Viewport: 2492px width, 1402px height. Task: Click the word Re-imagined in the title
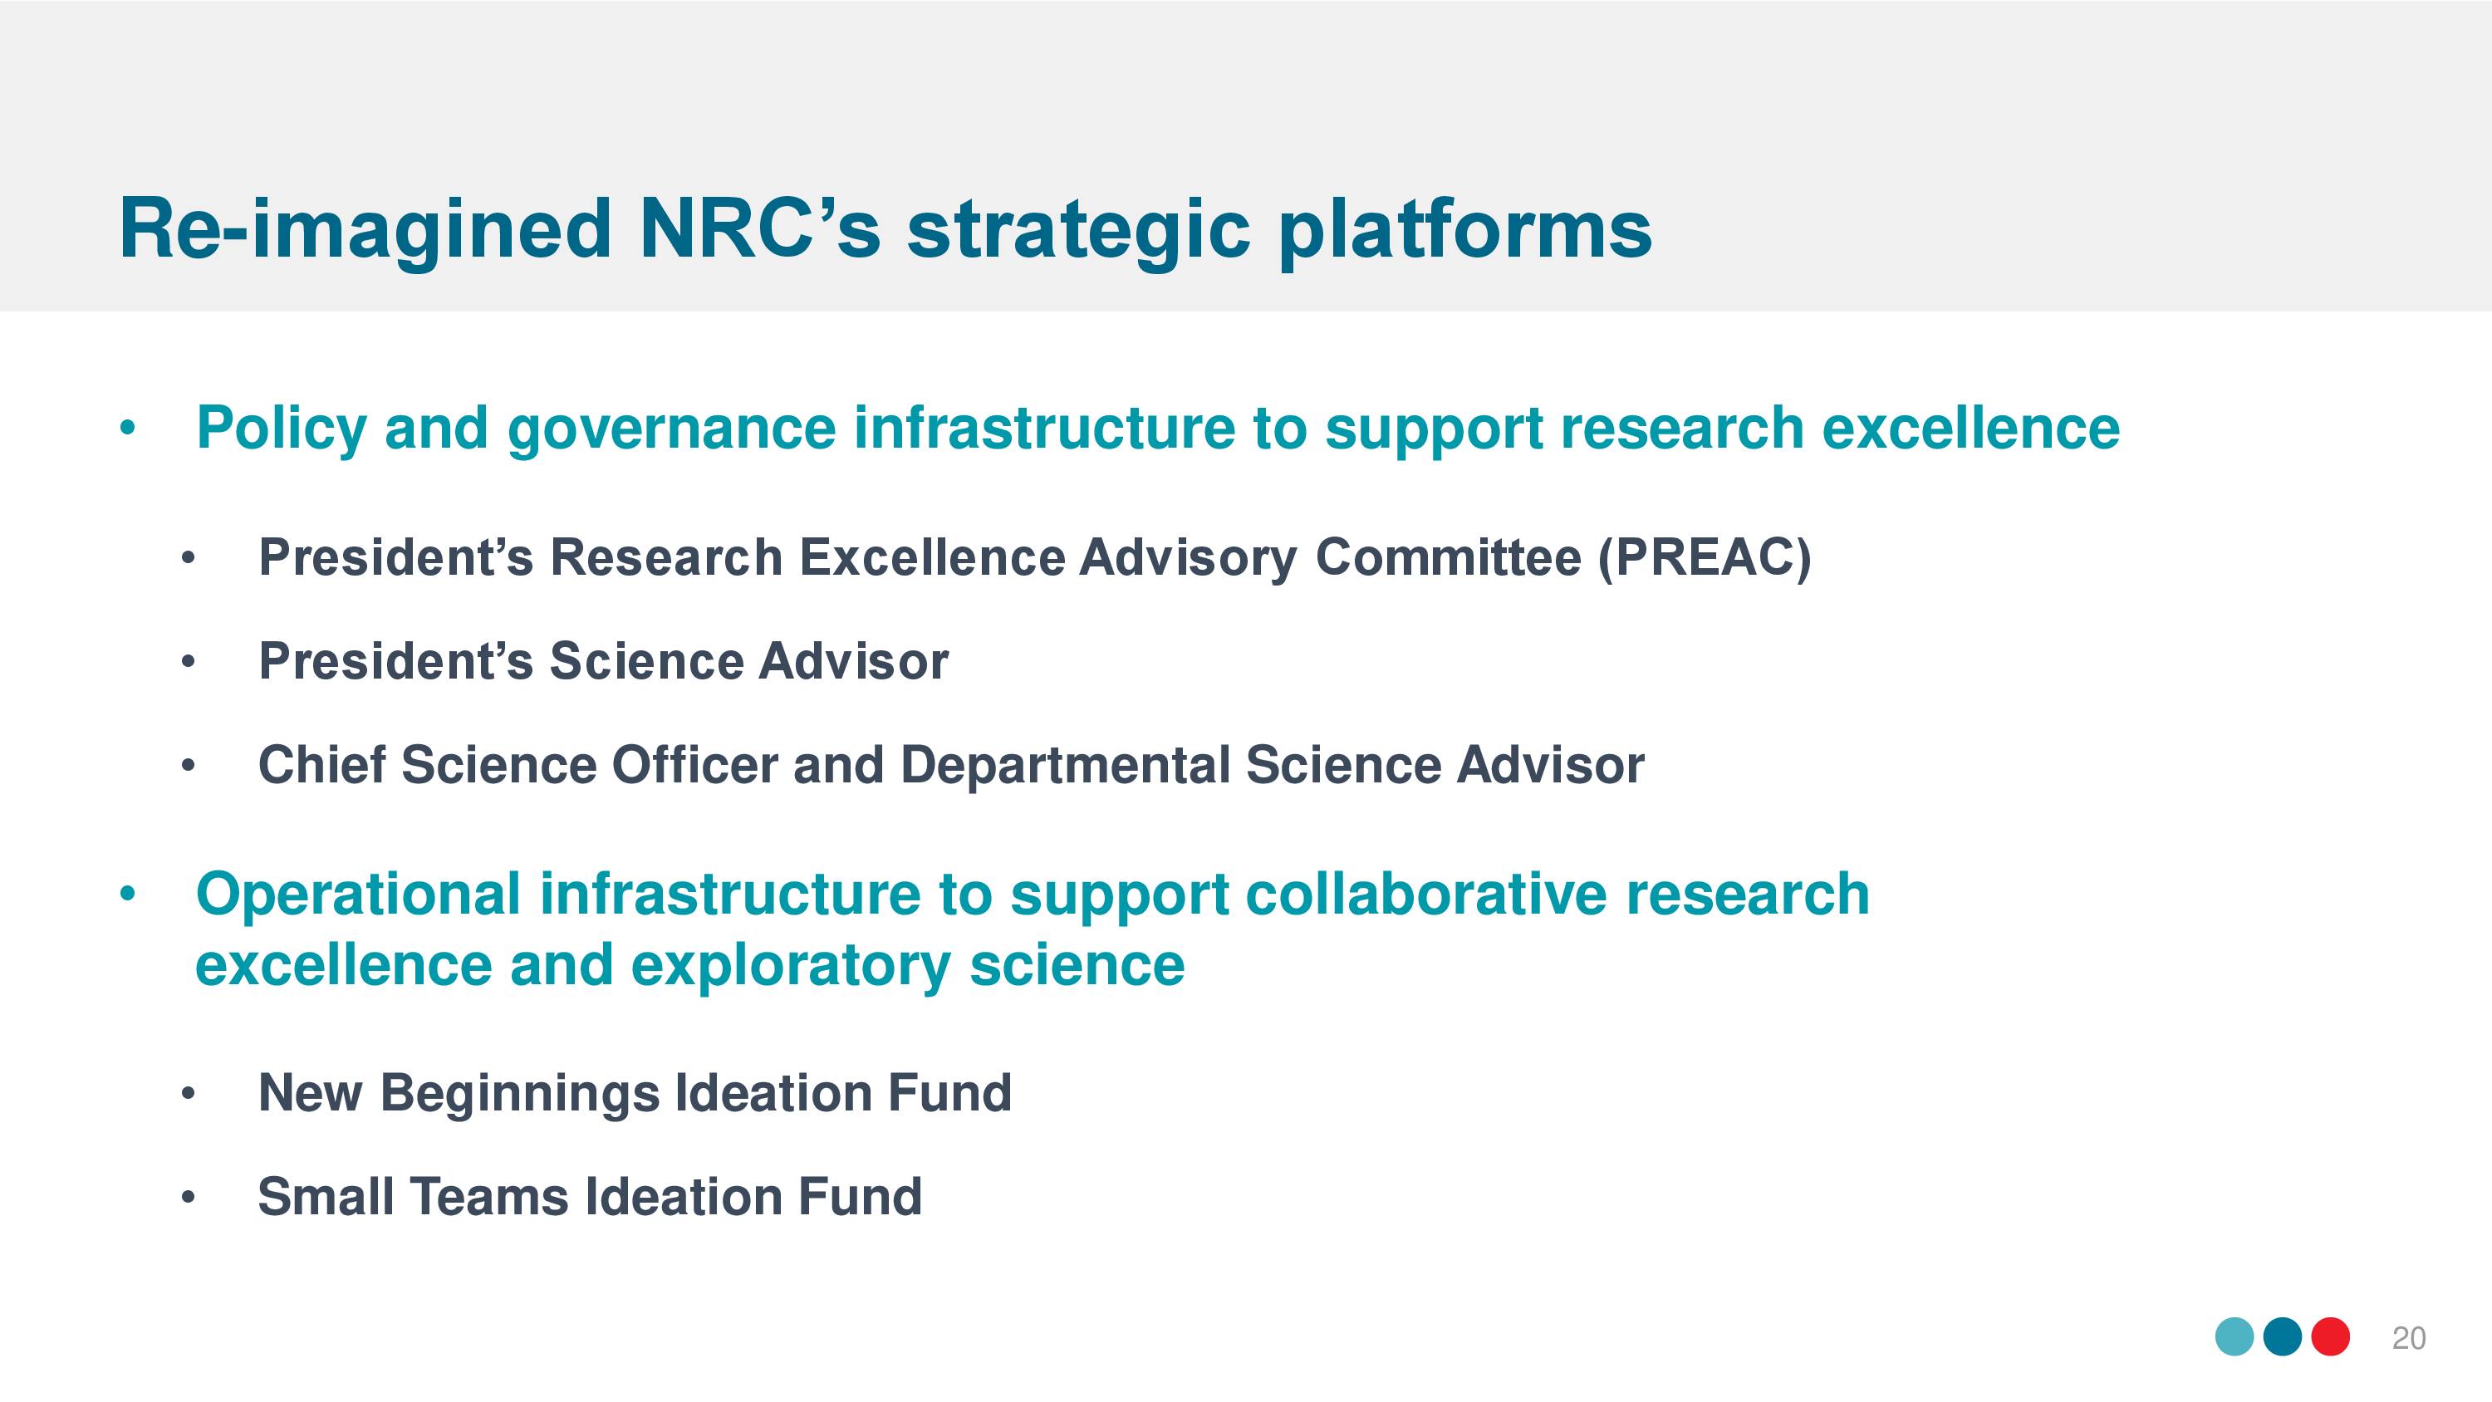tap(365, 230)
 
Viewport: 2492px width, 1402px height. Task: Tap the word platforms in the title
tap(1464, 230)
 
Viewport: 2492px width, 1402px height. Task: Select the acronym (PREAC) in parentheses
tap(1704, 558)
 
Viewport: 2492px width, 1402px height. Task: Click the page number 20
tap(2408, 1338)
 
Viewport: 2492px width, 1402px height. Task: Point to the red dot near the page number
tap(2331, 1337)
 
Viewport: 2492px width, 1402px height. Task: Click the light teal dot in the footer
tap(2234, 1337)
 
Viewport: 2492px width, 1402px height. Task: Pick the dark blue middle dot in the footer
tap(2282, 1337)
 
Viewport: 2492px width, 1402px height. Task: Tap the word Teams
tap(489, 1197)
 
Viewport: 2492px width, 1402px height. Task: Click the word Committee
tap(1448, 558)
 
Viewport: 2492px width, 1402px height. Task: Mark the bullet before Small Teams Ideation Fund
tap(188, 1198)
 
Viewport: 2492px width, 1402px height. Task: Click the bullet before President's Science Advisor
tap(188, 663)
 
